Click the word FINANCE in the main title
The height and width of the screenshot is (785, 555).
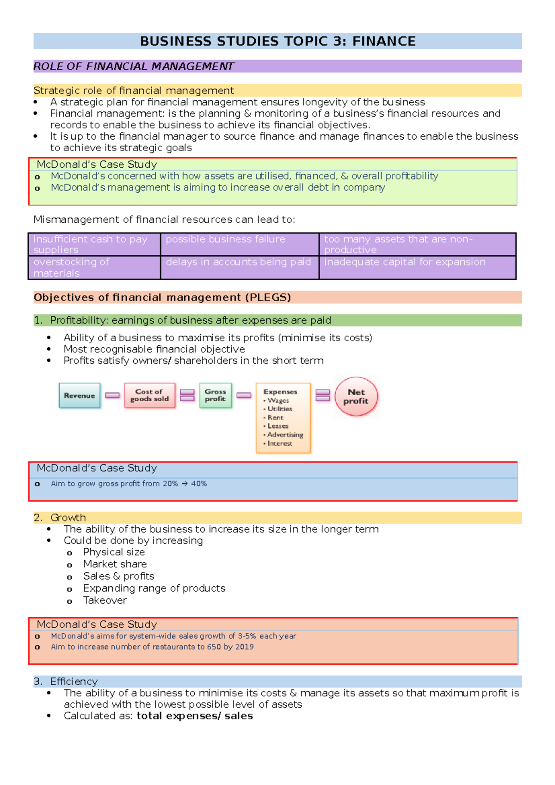click(x=384, y=41)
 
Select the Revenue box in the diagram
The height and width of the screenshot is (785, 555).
click(x=80, y=395)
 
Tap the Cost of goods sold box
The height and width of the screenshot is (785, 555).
click(x=149, y=395)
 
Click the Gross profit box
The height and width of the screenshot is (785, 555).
click(x=215, y=395)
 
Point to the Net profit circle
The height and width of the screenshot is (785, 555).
click(x=356, y=397)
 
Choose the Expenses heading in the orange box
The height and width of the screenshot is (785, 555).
click(x=280, y=392)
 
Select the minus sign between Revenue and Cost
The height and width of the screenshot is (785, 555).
click(x=112, y=395)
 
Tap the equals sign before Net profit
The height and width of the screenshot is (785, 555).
click(x=322, y=395)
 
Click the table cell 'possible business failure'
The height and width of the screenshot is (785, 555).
click(x=225, y=239)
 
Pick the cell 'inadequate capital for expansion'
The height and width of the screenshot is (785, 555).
click(x=405, y=262)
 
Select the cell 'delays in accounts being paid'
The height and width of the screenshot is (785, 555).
click(x=238, y=262)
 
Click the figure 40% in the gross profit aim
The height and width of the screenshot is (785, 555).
click(x=199, y=484)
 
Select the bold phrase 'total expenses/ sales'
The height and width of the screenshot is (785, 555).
click(x=195, y=716)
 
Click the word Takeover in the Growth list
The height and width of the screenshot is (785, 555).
click(x=105, y=600)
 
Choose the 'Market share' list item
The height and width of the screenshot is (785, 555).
click(x=115, y=564)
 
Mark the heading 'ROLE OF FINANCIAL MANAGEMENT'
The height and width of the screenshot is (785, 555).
click(x=134, y=67)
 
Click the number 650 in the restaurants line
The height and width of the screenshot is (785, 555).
click(x=214, y=647)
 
